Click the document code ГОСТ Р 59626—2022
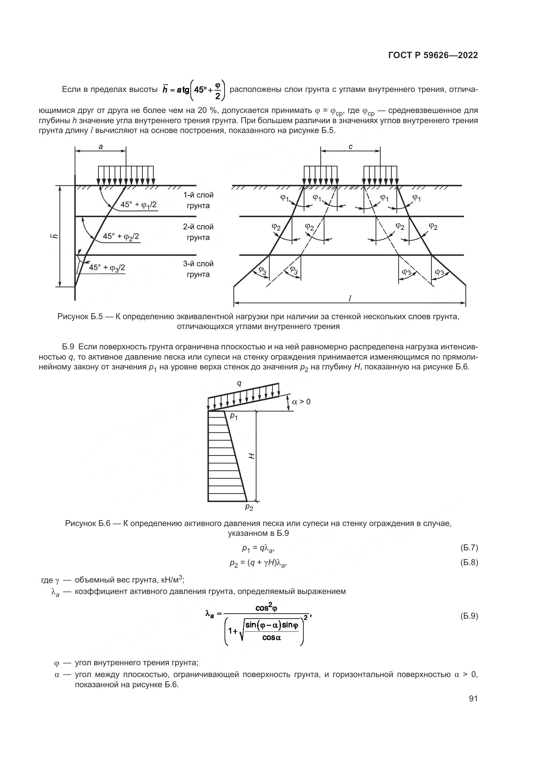click(x=433, y=55)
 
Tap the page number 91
click(x=473, y=698)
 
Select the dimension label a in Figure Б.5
click(x=101, y=146)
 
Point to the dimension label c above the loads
click(x=350, y=146)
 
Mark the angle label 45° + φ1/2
click(x=139, y=205)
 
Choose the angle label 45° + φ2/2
click(x=121, y=236)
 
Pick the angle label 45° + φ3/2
click(x=107, y=268)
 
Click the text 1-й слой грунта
click(x=198, y=200)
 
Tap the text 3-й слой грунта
click(x=198, y=269)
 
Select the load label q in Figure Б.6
click(x=239, y=383)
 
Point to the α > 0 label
click(x=301, y=401)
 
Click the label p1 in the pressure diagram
click(x=233, y=417)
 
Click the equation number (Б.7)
click(x=469, y=548)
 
